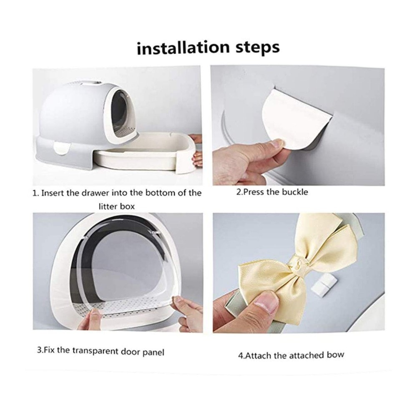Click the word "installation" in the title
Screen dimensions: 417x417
coord(183,48)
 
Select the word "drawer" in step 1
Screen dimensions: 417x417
coord(96,193)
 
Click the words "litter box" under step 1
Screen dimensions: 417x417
coord(117,206)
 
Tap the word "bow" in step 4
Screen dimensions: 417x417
coord(336,355)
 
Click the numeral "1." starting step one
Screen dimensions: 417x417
coord(35,193)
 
